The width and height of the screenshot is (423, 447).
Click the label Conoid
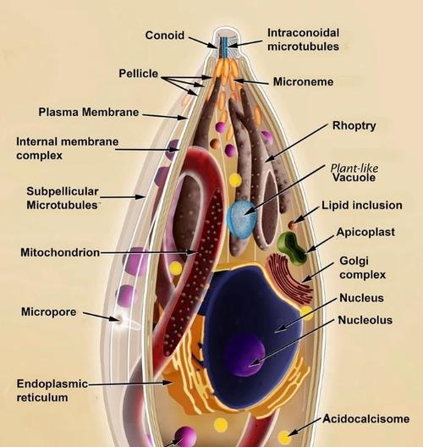pyautogui.click(x=165, y=36)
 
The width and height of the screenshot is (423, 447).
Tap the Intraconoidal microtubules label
pyautogui.click(x=304, y=40)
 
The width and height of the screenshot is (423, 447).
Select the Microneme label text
pyautogui.click(x=304, y=82)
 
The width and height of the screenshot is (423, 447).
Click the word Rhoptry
pyautogui.click(x=354, y=125)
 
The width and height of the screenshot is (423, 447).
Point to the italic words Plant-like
pyautogui.click(x=354, y=168)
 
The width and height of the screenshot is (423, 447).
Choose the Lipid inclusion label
pyautogui.click(x=362, y=205)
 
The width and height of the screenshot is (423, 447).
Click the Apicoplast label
pyautogui.click(x=365, y=232)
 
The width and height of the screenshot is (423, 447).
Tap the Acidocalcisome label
pyautogui.click(x=366, y=419)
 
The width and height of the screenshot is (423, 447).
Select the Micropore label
pyautogui.click(x=49, y=312)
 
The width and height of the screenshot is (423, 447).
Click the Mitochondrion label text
pyautogui.click(x=60, y=252)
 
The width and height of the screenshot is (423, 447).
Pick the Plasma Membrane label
pyautogui.click(x=89, y=112)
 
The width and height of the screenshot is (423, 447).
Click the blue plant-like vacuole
pyautogui.click(x=242, y=218)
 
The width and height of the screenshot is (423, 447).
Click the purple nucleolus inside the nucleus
pyautogui.click(x=245, y=355)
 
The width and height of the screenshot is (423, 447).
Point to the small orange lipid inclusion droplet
pyautogui.click(x=292, y=225)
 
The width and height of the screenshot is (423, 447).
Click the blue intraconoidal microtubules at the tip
pyautogui.click(x=225, y=47)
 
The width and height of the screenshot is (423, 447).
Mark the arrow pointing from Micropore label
pyautogui.click(x=102, y=317)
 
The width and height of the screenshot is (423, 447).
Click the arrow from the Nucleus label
pyautogui.click(x=306, y=316)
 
